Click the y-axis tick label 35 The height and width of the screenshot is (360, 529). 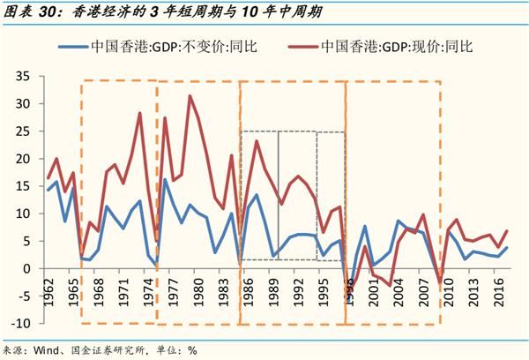point(24,77)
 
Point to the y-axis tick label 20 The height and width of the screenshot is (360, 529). point(24,159)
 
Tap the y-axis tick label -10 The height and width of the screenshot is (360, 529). point(21,322)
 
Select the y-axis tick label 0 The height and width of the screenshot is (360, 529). point(27,268)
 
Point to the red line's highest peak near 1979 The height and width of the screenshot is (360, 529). point(189,96)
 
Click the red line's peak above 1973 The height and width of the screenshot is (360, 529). point(139,113)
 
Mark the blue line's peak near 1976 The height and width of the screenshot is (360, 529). point(165,180)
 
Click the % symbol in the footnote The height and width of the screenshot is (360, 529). point(191,349)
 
